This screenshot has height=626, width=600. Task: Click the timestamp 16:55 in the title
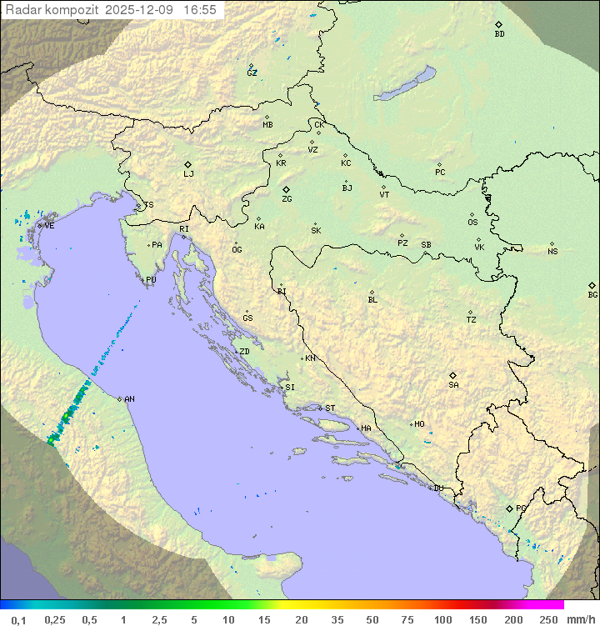click(x=200, y=9)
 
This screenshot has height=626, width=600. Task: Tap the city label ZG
click(x=287, y=199)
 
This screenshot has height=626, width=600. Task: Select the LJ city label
click(x=188, y=174)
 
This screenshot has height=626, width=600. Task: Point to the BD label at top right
click(x=499, y=34)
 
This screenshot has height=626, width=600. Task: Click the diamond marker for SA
click(x=453, y=375)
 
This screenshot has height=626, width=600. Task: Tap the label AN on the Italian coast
click(x=129, y=399)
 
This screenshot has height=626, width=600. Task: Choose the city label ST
click(x=330, y=408)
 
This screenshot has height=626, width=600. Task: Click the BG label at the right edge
click(x=592, y=295)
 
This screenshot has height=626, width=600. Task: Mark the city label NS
click(x=552, y=252)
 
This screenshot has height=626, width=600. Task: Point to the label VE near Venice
click(x=49, y=226)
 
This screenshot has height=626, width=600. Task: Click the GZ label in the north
click(x=252, y=73)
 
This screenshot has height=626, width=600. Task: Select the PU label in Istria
click(x=151, y=280)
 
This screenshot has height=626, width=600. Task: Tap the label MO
click(x=419, y=424)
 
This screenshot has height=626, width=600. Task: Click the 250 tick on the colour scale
click(x=547, y=619)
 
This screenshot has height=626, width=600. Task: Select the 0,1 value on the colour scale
click(x=18, y=619)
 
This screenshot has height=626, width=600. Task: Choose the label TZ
click(x=472, y=320)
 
